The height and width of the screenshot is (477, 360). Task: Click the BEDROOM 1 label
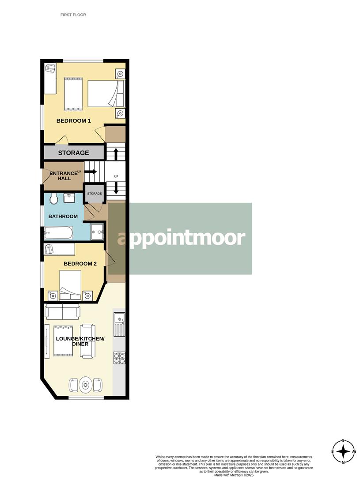click(x=74, y=121)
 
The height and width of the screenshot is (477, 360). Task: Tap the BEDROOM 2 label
click(x=80, y=264)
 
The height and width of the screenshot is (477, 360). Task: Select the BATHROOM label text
click(x=63, y=216)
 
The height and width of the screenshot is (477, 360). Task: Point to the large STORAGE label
click(x=73, y=153)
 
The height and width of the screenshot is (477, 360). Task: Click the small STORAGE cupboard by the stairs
click(x=94, y=193)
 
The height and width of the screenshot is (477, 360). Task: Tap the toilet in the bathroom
click(x=54, y=199)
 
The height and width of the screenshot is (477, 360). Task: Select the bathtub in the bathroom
click(x=58, y=232)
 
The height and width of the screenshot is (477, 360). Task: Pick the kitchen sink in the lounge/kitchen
click(x=119, y=322)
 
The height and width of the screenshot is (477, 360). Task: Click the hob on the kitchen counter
click(x=119, y=357)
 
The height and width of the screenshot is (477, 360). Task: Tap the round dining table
click(x=86, y=385)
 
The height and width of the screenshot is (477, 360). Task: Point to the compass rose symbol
click(x=343, y=451)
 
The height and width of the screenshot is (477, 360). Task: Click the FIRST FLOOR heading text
click(x=73, y=15)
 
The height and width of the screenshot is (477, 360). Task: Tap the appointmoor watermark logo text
click(x=181, y=238)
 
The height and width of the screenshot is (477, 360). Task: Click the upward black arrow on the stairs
click(x=116, y=154)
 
